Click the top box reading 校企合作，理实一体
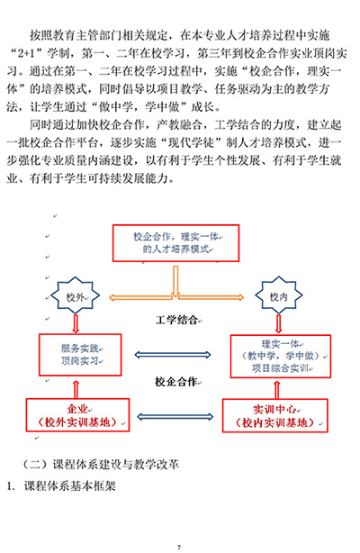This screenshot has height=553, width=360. click(x=175, y=243)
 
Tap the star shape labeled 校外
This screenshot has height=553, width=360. click(x=75, y=295)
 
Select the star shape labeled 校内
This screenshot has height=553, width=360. click(x=279, y=295)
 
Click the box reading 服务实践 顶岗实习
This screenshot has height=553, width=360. click(x=80, y=355)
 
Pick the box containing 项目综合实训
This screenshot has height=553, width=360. click(x=280, y=356)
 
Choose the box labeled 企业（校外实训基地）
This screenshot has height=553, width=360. click(x=77, y=415)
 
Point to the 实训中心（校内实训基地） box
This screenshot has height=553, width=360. click(x=275, y=415)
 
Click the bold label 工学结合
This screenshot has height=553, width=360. click(x=176, y=320)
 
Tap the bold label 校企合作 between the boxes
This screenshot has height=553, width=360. click(x=175, y=381)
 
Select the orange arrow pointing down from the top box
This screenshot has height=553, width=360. click(x=175, y=281)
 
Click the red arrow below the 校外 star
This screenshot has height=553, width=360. click(x=76, y=323)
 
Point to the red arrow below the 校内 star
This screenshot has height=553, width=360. click(x=279, y=323)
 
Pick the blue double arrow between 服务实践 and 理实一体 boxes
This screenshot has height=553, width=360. click(x=173, y=355)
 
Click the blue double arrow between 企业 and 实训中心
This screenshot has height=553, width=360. click(x=175, y=417)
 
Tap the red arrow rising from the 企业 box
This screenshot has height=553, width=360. click(x=76, y=389)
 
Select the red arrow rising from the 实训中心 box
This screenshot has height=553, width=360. click(x=277, y=390)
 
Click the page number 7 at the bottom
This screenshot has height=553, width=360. click(x=179, y=548)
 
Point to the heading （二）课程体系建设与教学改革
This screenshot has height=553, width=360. click(x=101, y=464)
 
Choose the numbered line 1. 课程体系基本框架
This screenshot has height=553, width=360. click(x=61, y=486)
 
